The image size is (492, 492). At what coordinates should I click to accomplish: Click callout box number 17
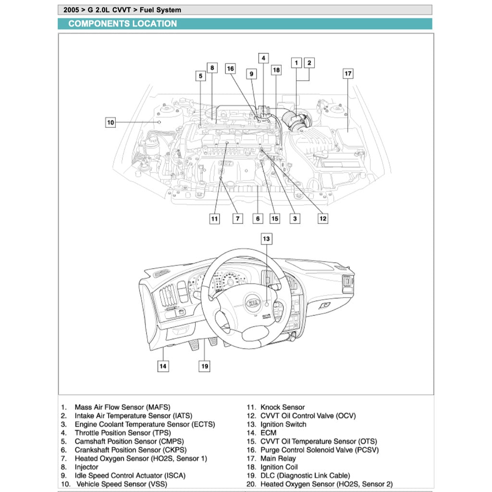point(348,74)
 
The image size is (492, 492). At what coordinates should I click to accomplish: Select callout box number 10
point(111,123)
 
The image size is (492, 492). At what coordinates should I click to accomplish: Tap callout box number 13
point(266,238)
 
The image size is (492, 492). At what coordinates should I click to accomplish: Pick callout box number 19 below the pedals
point(205,366)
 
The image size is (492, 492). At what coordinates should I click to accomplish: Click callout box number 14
point(163,366)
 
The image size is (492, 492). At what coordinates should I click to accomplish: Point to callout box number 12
point(323,218)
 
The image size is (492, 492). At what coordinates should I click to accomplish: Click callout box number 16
point(231,69)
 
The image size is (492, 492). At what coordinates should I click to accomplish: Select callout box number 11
point(214,219)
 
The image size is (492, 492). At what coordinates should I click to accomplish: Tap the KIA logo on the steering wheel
point(253,303)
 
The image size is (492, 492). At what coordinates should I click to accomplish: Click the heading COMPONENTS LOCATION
point(123,24)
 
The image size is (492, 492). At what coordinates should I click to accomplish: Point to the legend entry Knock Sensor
point(283,407)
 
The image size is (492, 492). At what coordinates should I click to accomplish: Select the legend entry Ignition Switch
point(283,424)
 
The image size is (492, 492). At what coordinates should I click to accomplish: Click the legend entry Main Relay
point(278,458)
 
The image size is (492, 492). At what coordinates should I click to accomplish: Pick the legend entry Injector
point(86,467)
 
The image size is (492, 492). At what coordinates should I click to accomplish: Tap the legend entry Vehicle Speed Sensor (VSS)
point(122,484)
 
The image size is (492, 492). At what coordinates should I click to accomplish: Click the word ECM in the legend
point(269,433)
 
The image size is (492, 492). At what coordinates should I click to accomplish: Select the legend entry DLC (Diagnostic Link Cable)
point(305,476)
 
